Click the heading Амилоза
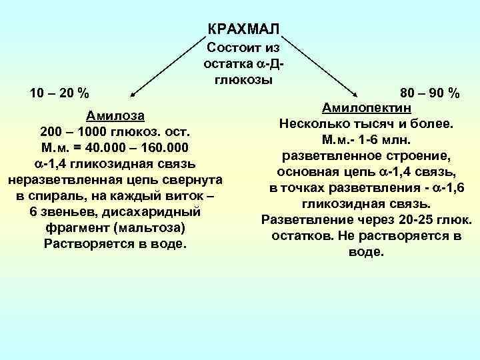[115, 113]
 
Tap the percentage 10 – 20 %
[61, 92]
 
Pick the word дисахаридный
[158, 212]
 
